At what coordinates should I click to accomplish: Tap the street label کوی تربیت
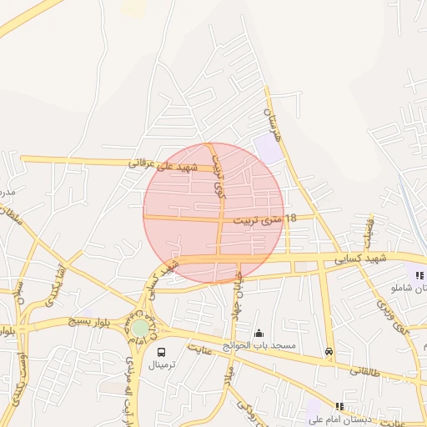tap(219, 179)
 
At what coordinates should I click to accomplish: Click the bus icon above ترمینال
tap(160, 351)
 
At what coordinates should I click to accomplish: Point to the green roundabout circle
tap(140, 329)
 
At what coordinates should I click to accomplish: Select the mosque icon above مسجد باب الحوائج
tap(259, 333)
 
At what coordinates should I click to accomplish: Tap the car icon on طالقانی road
tap(329, 352)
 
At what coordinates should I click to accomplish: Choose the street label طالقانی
tap(365, 371)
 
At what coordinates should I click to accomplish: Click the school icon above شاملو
tap(419, 274)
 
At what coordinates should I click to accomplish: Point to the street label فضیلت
tap(368, 237)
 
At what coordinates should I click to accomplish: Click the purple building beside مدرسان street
tap(269, 149)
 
